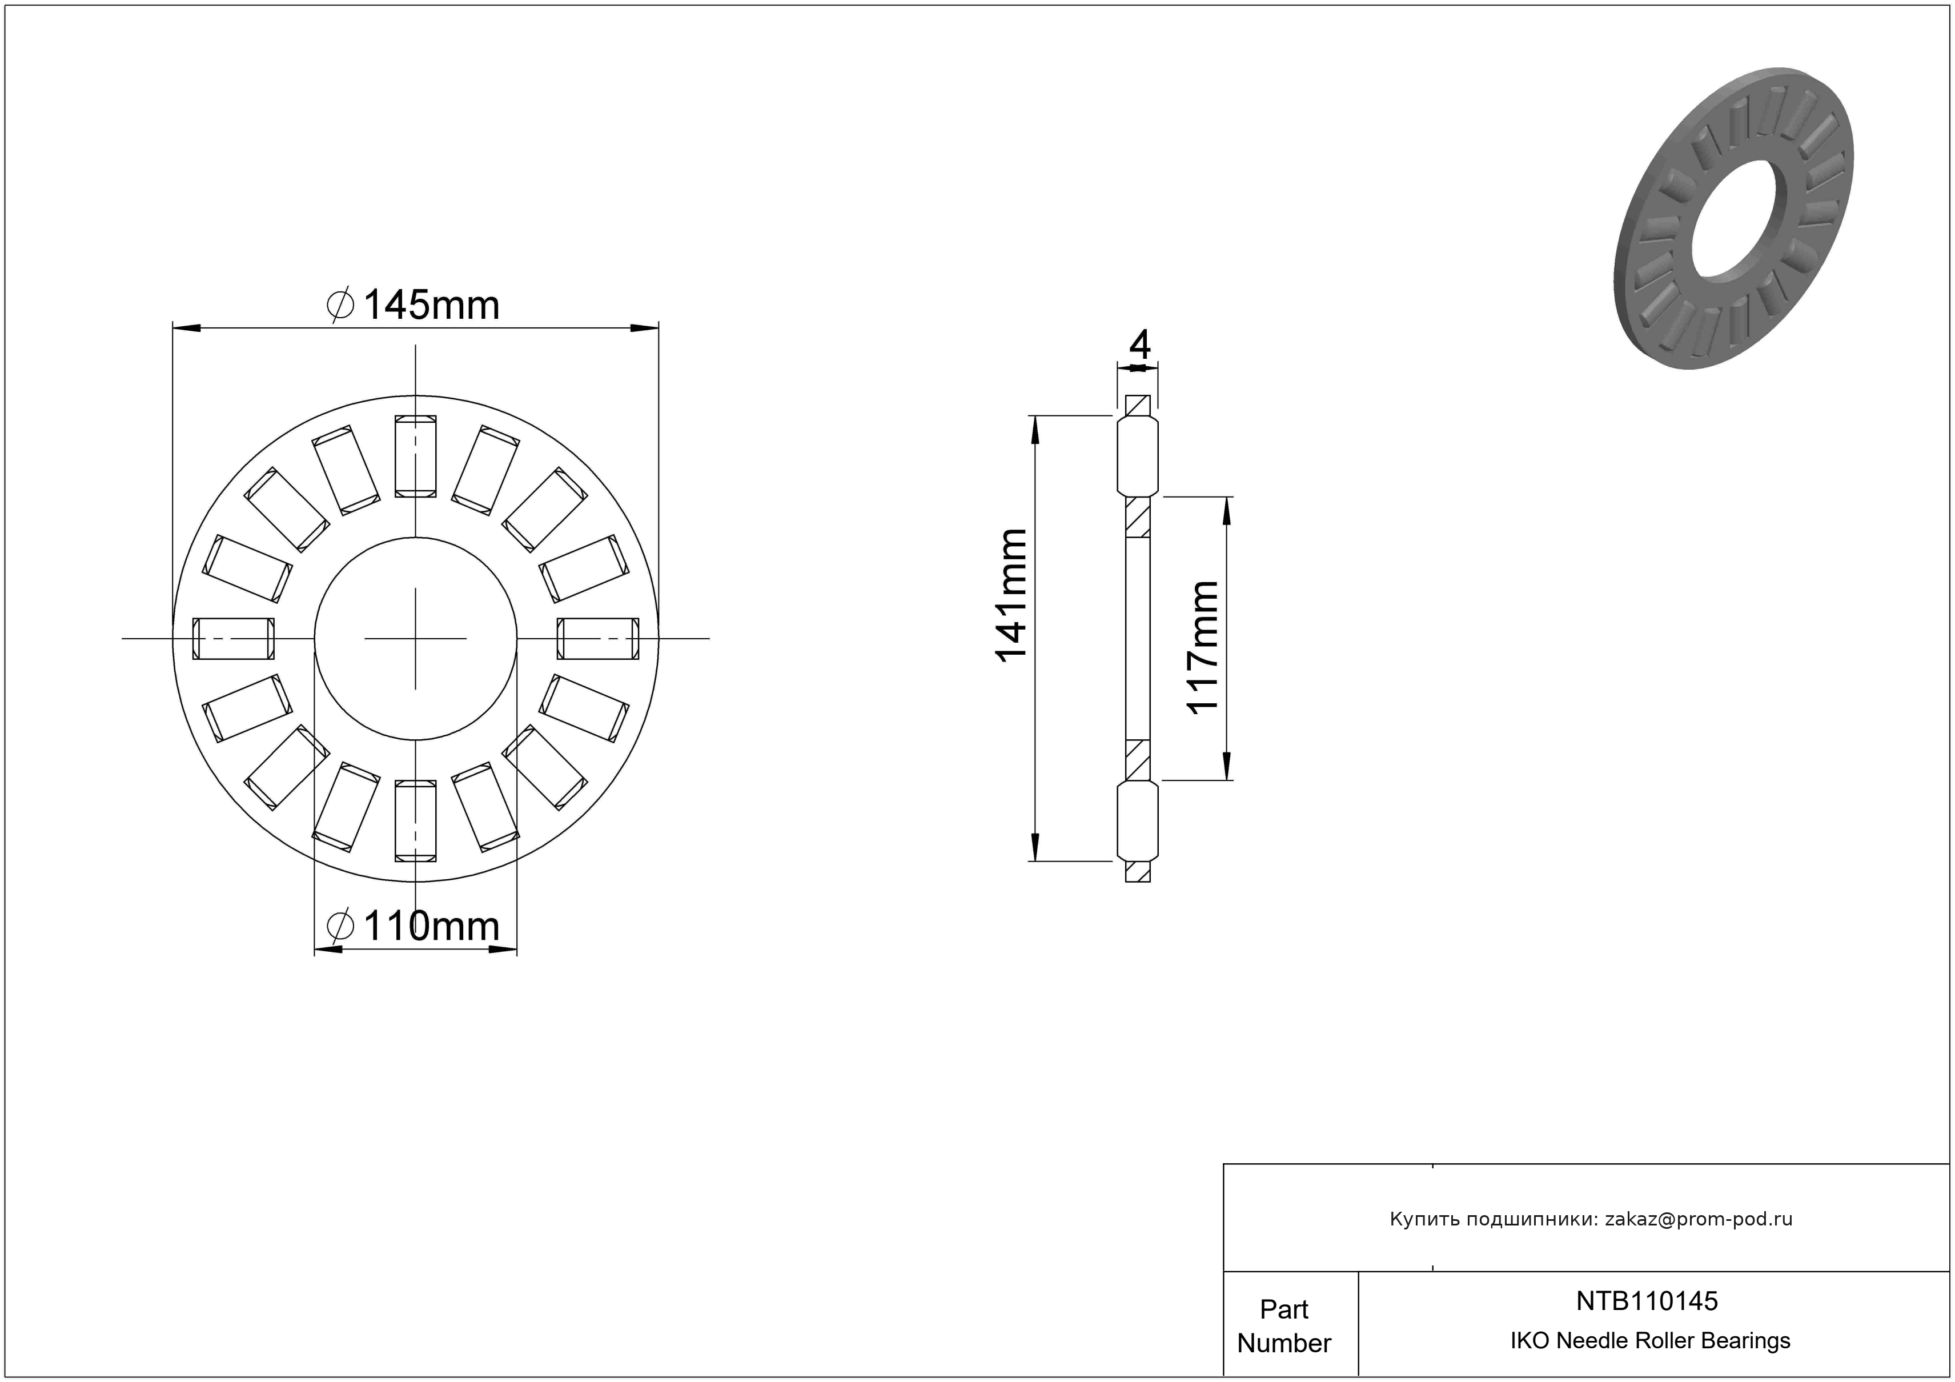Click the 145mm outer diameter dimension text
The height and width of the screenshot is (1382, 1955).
[432, 306]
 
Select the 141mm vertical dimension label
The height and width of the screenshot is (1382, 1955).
[1011, 594]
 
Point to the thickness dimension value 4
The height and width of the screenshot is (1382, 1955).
[1139, 345]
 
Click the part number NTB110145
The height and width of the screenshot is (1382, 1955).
[1647, 1300]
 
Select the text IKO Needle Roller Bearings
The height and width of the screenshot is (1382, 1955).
[1650, 1340]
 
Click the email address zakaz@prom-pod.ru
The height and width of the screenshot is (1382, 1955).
[1699, 1219]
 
